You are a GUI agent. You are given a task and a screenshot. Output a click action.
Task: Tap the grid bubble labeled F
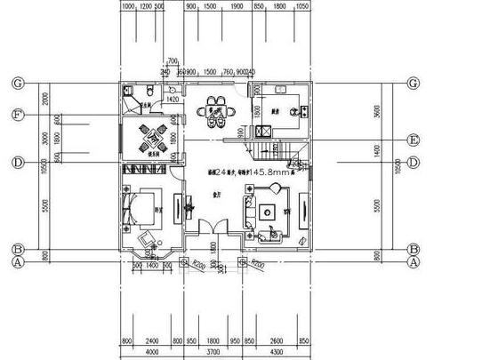pyautogui.click(x=18, y=115)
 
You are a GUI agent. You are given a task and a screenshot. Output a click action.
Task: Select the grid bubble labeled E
pyautogui.click(x=414, y=140)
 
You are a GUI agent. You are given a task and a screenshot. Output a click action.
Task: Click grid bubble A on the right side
pyautogui.click(x=414, y=262)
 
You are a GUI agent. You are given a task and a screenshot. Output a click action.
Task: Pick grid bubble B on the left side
pyautogui.click(x=18, y=250)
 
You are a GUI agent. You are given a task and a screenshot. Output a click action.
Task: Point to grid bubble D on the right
pyautogui.click(x=414, y=163)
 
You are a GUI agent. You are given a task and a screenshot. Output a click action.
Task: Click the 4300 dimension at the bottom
pyautogui.click(x=277, y=350)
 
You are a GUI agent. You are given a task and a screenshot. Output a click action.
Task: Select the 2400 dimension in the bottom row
pyautogui.click(x=152, y=340)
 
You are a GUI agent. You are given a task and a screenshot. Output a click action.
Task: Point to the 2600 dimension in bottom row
pyautogui.click(x=277, y=340)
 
